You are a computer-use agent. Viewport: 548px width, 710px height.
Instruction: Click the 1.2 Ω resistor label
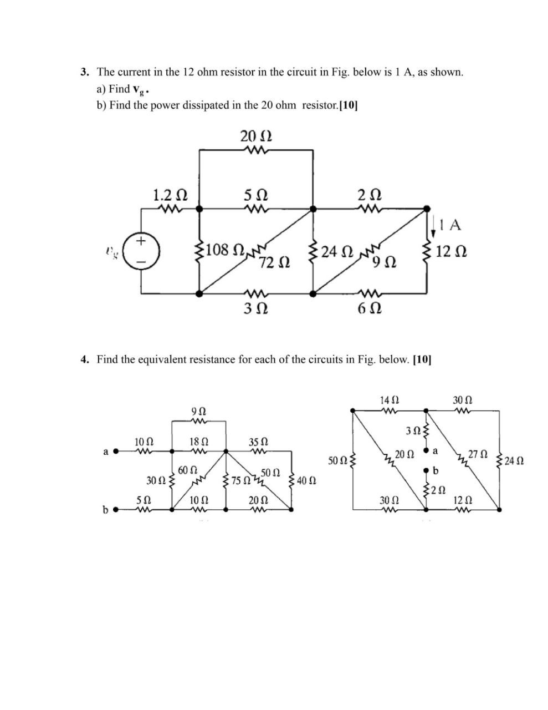[x=169, y=195]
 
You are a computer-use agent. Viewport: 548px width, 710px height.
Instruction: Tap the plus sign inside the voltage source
[x=141, y=241]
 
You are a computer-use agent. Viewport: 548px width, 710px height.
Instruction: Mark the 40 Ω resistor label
[x=306, y=480]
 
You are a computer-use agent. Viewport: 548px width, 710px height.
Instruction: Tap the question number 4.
[x=85, y=359]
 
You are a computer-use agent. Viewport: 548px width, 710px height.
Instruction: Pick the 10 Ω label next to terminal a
[x=143, y=442]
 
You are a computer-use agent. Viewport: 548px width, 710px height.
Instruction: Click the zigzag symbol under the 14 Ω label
[x=390, y=411]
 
